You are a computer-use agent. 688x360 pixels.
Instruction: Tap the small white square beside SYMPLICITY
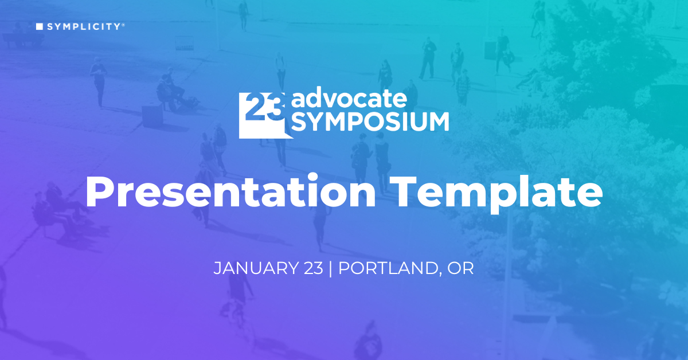coord(40,26)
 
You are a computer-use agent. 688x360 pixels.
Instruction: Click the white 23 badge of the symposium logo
coord(261,114)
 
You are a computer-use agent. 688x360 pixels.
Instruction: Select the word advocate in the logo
coord(350,99)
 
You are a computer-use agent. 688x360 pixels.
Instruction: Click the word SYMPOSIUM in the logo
coord(370,122)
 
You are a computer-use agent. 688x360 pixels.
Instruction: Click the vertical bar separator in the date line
coord(331,268)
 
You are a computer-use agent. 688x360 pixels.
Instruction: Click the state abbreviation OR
coord(462,268)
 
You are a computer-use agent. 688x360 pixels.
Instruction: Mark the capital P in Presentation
coord(98,193)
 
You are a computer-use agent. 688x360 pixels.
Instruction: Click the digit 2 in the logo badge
coord(252,106)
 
